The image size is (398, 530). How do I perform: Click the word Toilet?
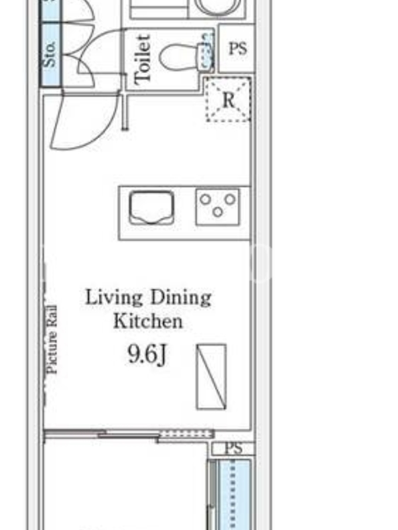point(142,60)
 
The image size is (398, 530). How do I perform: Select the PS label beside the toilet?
point(237,48)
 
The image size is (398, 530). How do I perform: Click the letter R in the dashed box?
point(228,100)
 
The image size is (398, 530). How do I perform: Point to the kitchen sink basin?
point(152,207)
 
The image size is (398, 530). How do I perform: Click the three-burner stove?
point(218,207)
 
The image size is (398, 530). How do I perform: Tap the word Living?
point(113,297)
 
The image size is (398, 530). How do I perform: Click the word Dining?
point(180,297)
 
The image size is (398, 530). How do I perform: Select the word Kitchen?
point(148,321)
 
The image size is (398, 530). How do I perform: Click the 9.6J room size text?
point(147,354)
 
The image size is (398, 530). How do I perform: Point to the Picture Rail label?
point(52,339)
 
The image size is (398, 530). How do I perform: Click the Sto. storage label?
point(49,54)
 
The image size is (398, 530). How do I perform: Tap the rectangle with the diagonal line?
point(211,376)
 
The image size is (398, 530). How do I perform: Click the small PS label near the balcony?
point(233,449)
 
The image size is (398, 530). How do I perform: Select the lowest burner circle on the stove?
point(218,212)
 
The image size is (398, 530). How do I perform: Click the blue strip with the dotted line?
point(234,494)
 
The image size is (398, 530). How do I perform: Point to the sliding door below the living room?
point(129,435)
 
